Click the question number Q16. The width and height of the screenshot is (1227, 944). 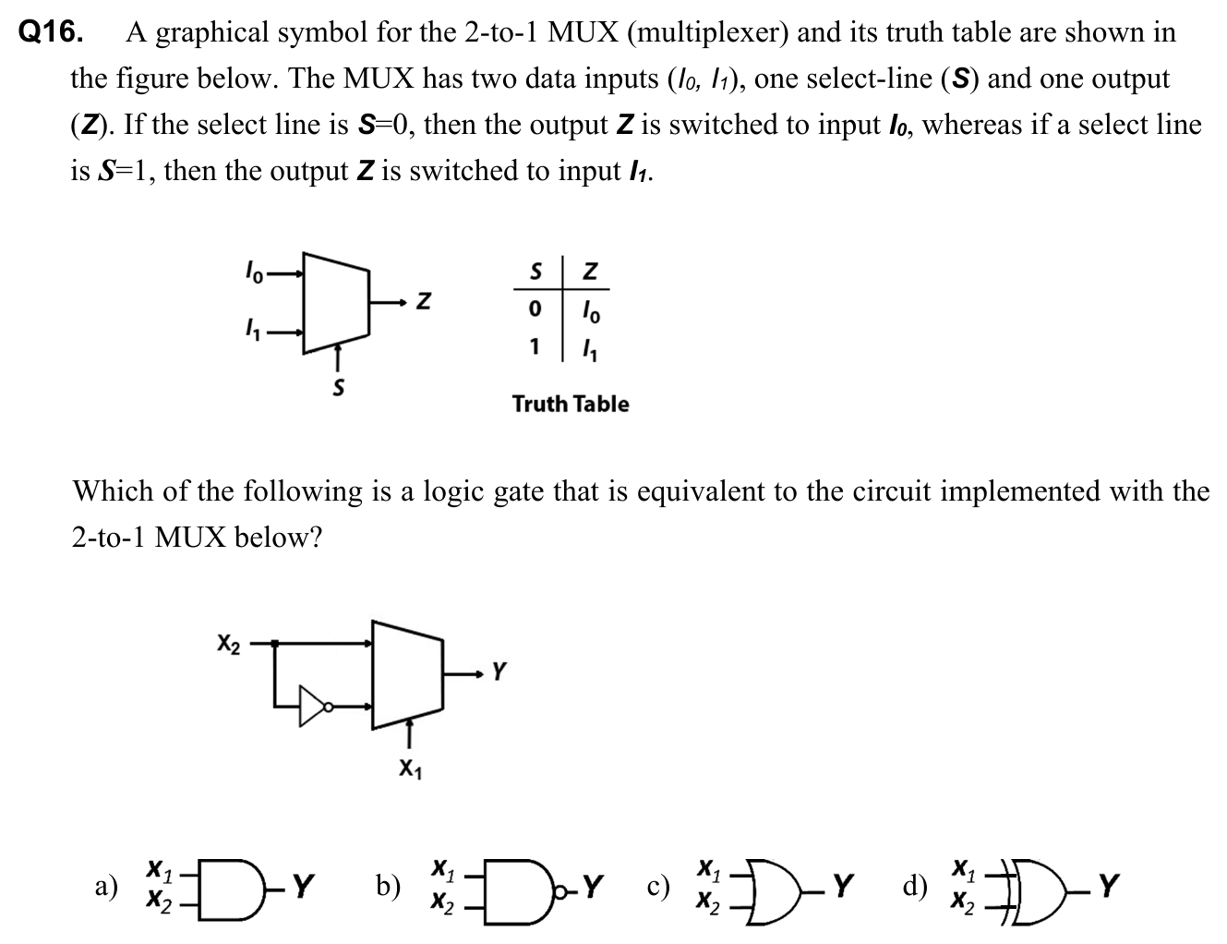pos(51,33)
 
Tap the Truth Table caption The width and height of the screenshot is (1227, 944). pos(571,404)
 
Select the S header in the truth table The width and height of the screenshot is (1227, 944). pos(535,272)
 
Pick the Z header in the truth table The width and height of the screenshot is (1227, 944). pos(591,272)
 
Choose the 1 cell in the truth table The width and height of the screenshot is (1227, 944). pos(534,347)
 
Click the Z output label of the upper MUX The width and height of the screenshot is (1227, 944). pos(421,301)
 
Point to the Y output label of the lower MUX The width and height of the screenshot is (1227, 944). pos(499,672)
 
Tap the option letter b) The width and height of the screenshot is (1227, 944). pos(387,888)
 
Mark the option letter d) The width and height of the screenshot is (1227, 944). pos(915,888)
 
